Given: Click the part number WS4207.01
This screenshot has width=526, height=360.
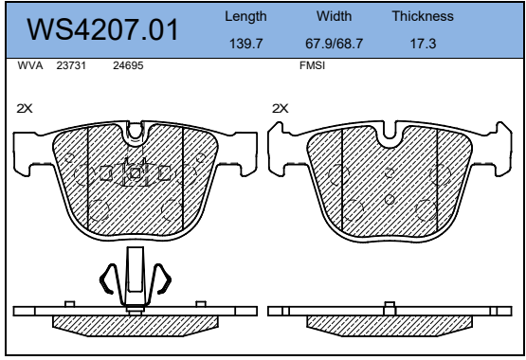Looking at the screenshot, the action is (x=102, y=29).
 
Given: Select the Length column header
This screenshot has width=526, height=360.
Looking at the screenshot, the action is (x=245, y=16).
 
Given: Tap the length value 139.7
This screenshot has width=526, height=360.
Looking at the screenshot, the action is (x=245, y=44).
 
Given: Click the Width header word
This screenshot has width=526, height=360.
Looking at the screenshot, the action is (x=335, y=16).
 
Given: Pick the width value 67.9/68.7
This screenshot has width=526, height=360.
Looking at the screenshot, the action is (x=335, y=44).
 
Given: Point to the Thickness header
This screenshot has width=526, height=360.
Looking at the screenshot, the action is (x=423, y=16).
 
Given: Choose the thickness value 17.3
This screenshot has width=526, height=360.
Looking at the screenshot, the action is (x=423, y=44).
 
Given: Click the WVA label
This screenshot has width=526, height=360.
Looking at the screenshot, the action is (x=30, y=65).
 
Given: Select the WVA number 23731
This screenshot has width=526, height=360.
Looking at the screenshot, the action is (x=71, y=65).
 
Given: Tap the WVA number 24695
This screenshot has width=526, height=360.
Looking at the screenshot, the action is (x=128, y=65).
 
